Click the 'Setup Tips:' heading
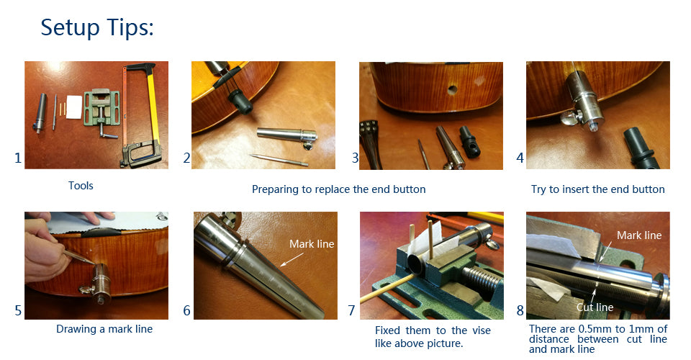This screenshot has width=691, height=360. tap(97, 27)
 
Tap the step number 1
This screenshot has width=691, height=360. tap(17, 158)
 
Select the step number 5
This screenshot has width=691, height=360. tap(17, 310)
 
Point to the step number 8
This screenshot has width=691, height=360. tap(520, 310)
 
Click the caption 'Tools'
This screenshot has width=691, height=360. tap(81, 186)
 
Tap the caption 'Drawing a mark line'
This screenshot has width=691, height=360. tap(104, 329)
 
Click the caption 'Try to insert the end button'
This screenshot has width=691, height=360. tap(598, 189)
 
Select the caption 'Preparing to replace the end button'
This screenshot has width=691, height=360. tap(339, 189)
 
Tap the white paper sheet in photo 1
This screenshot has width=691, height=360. tap(74, 107)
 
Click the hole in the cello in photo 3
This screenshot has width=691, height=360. tap(452, 90)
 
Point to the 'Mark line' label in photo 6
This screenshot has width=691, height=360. tap(312, 243)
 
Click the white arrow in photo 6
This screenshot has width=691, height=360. tap(292, 259)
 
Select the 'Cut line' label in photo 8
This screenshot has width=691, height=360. tap(595, 307)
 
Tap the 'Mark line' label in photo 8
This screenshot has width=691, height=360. tap(639, 235)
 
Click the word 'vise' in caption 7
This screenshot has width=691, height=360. tap(482, 330)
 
